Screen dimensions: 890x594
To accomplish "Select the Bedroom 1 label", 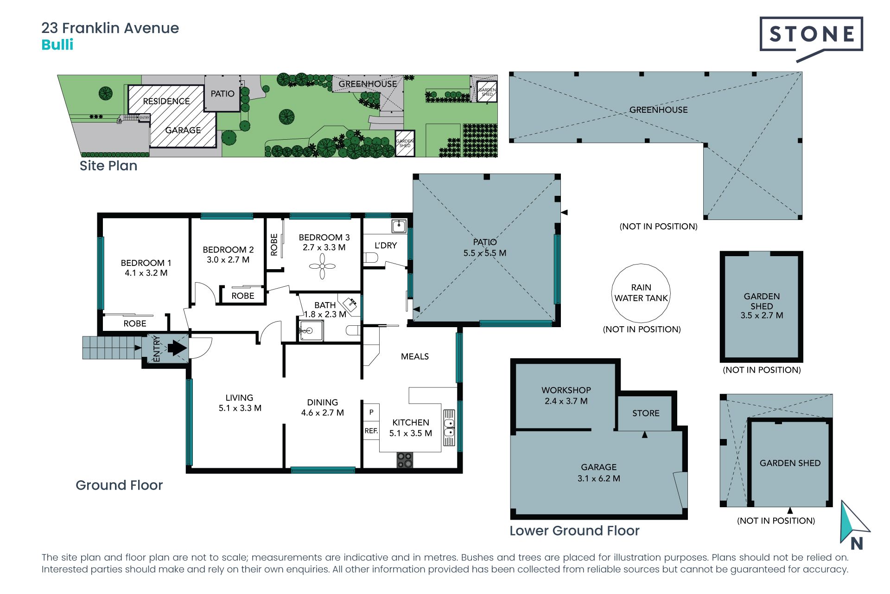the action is [146, 268].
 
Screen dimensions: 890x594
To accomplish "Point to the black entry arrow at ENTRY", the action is [177, 348].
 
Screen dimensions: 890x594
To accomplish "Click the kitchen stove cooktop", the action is [405, 460].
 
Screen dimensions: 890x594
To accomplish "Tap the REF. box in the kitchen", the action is [371, 431].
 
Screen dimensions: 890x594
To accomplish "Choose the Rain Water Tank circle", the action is [641, 293].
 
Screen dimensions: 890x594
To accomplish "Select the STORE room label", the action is [646, 413].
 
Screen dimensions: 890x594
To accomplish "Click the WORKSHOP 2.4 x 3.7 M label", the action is [566, 395].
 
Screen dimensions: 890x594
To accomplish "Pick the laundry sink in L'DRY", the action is [399, 226].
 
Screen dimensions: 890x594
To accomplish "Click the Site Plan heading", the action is [108, 166].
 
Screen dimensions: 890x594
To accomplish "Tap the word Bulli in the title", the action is [57, 45].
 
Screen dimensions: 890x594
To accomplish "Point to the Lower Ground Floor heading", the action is [574, 530].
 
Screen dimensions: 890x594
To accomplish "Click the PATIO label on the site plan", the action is [222, 94].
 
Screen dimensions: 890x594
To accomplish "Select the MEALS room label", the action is [415, 356].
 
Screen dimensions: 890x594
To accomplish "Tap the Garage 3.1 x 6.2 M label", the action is [599, 472].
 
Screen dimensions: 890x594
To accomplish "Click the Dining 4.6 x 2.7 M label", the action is [323, 407].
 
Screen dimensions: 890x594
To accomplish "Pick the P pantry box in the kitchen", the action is [371, 412].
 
